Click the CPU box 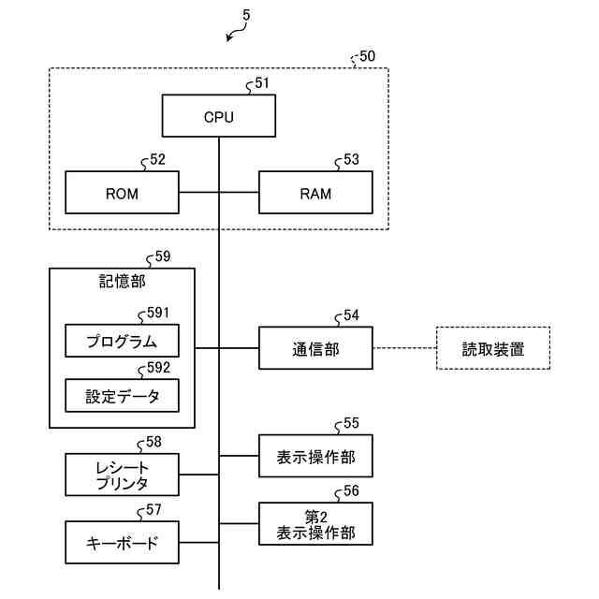[x=219, y=117]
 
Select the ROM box [x=122, y=194]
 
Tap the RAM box [x=315, y=194]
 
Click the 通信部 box [x=315, y=349]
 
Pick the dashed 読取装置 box [x=492, y=349]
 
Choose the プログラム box [x=122, y=340]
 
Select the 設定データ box [x=122, y=396]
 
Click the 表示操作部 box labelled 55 [x=315, y=457]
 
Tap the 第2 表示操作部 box [x=315, y=525]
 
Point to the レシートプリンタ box [x=122, y=475]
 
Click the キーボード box [x=122, y=543]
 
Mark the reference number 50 [x=367, y=56]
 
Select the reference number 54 [x=351, y=315]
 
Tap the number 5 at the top [x=246, y=15]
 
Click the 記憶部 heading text [x=122, y=281]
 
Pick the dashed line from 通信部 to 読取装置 [x=404, y=349]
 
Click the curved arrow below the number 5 [x=237, y=34]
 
